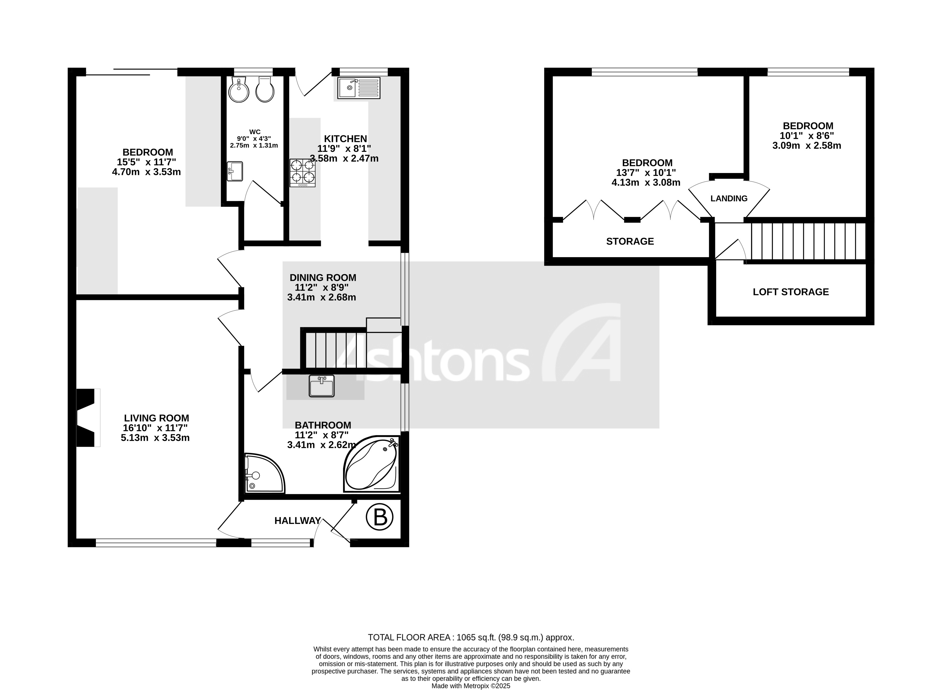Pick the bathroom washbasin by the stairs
pos(322,386)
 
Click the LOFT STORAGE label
pos(791,292)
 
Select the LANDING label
pos(729,198)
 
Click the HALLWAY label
pos(297,520)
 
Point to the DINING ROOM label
pos(323,277)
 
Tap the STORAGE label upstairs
pos(630,241)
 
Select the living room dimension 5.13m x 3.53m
pos(155,438)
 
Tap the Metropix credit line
pos(471,686)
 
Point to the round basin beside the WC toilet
pos(239,89)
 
